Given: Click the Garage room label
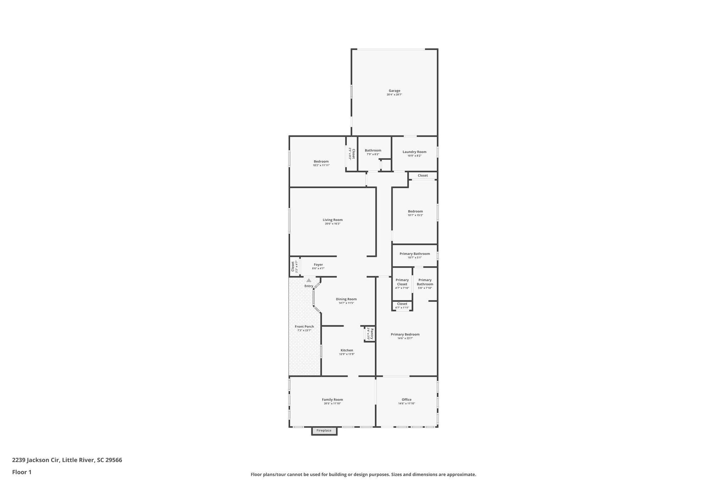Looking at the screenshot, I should [x=394, y=91].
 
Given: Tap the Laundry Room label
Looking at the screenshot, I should [x=414, y=152].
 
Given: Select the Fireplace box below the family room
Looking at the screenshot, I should [x=324, y=431].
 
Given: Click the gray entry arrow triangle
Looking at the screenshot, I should [x=309, y=280].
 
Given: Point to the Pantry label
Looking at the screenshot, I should [x=372, y=334].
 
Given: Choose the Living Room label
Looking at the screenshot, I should [x=333, y=220].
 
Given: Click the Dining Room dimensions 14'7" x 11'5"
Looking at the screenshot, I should [x=346, y=303].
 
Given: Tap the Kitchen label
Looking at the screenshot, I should [x=347, y=350].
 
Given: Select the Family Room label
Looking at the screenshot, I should [x=332, y=400].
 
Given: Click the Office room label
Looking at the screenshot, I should [x=406, y=400].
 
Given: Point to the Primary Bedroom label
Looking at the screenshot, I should [x=405, y=334].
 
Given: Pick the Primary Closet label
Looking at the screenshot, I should [x=402, y=282].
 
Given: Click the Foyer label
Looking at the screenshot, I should [x=318, y=265].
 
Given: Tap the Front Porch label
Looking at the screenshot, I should [x=304, y=327].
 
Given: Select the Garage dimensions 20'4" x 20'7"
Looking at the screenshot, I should [x=394, y=95].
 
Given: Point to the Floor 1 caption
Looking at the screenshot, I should [x=22, y=472].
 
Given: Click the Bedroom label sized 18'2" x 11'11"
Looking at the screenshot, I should [x=321, y=161].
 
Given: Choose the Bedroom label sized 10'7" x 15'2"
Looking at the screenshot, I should [x=415, y=211].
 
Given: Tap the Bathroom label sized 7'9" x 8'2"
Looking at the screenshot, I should [x=373, y=150].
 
